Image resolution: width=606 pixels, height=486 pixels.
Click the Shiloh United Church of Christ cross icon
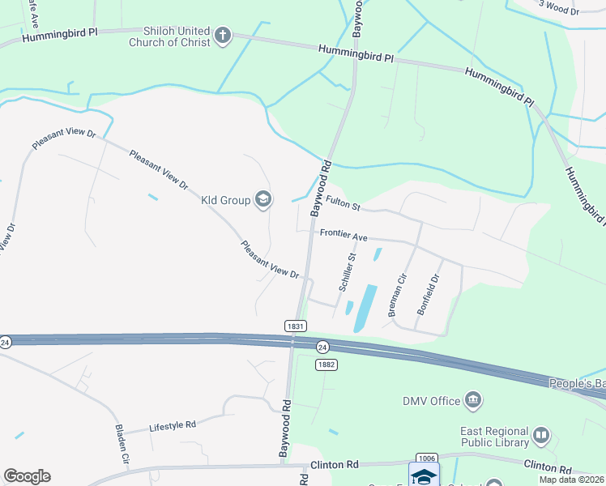223,36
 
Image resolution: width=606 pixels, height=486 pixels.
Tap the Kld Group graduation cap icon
262,198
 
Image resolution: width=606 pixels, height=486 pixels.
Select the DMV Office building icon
473,400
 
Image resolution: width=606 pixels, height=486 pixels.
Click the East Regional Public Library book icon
541,437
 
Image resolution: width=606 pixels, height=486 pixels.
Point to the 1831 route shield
296,326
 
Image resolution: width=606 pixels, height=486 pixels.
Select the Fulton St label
343,203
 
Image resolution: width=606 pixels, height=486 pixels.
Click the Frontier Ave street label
344,235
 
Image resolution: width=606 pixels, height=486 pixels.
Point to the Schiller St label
346,272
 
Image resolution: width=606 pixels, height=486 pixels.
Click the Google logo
27,476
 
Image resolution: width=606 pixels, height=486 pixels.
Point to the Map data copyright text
571,480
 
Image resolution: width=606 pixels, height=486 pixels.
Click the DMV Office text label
430,400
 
